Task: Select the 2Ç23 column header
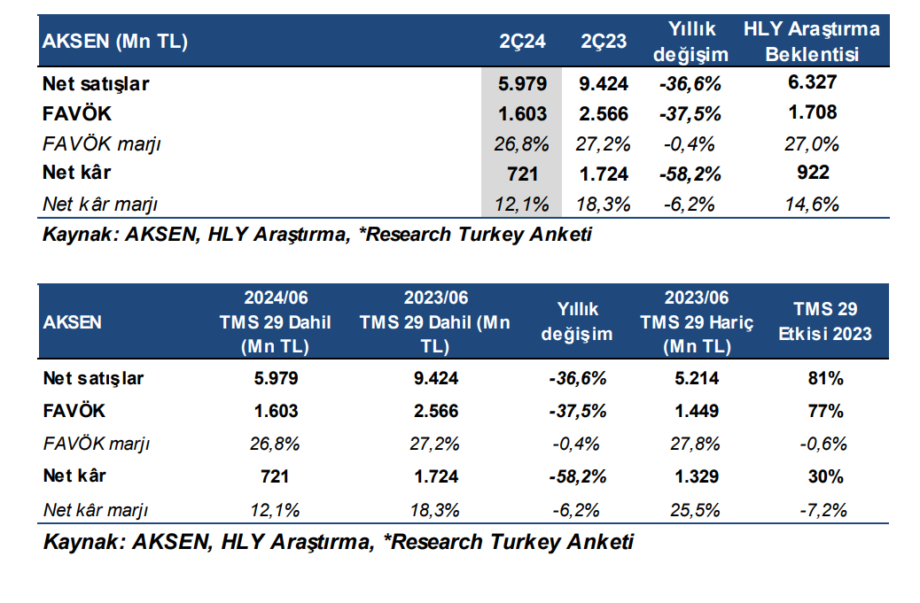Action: pos(604,41)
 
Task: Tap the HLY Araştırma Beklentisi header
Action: pos(812,42)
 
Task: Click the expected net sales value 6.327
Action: pos(812,83)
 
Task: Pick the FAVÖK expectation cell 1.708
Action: pos(812,112)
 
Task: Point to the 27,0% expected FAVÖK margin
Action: pos(812,143)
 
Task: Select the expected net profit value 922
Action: pos(812,173)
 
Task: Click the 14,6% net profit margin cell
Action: pos(812,204)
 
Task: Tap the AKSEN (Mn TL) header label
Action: pos(116,41)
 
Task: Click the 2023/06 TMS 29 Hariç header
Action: pos(697,321)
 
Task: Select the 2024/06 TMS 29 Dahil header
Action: pos(276,321)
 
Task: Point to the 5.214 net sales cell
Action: pos(697,379)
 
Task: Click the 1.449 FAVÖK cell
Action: pos(697,411)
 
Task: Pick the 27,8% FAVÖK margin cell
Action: pos(697,444)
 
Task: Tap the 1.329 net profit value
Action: pos(697,476)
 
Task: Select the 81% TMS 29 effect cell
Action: pos(825,379)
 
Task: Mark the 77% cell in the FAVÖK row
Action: pos(825,411)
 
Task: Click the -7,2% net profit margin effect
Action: pos(825,510)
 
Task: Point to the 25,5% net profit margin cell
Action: pos(697,510)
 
